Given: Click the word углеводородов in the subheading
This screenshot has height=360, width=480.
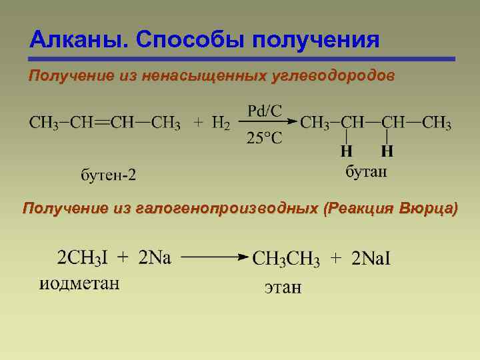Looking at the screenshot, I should click(333, 76).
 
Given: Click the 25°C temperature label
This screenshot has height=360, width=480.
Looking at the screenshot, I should click(265, 138).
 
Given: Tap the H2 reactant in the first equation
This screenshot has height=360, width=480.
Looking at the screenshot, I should click(221, 123).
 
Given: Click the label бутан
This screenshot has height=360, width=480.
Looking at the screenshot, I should click(365, 171).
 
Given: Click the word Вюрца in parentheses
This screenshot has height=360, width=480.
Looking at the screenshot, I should click(427, 209).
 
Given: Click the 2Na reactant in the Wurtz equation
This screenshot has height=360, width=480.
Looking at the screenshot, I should click(155, 258).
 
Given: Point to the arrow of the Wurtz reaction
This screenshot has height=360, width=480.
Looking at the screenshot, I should click(214, 257).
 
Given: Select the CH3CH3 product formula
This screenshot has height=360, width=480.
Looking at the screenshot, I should click(286, 259).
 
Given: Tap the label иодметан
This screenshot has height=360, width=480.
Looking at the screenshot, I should click(79, 283).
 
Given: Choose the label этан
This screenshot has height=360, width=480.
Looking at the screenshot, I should click(283, 288).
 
